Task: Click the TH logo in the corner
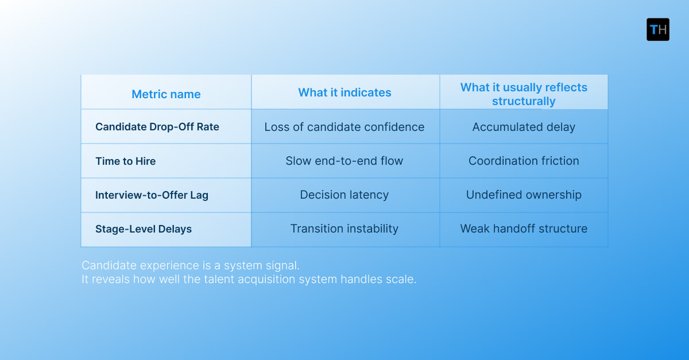tap(657, 29)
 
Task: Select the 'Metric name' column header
tap(166, 94)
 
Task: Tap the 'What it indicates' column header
tap(344, 92)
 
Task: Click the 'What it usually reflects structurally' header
tap(524, 94)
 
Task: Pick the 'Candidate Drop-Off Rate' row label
tap(157, 127)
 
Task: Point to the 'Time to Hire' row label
tap(125, 161)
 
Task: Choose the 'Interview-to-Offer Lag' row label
tap(152, 195)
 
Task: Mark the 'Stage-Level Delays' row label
tap(144, 229)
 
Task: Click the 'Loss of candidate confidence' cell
tap(344, 127)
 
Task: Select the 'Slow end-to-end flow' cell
tap(344, 161)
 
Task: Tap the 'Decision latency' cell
tap(344, 195)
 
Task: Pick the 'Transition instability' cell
tap(344, 229)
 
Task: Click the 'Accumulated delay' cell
tap(524, 127)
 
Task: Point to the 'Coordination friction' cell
tap(524, 161)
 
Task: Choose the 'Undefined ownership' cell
tap(524, 195)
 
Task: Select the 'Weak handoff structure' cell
tap(524, 229)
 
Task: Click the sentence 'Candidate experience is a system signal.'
tap(191, 266)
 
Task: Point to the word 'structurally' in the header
tap(524, 102)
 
